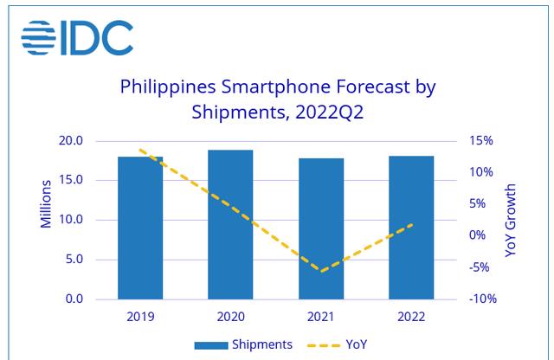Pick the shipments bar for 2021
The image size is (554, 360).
pos(321,228)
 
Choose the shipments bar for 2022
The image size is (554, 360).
pos(411,228)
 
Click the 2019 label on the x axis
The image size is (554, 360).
pos(140,317)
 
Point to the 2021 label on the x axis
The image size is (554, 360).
pos(321,317)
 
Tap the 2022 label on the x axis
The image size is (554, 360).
pos(411,317)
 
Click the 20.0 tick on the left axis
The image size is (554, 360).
pos(70,141)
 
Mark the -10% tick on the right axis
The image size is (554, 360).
pos(481,299)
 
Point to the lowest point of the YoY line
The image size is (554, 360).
pos(321,272)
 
